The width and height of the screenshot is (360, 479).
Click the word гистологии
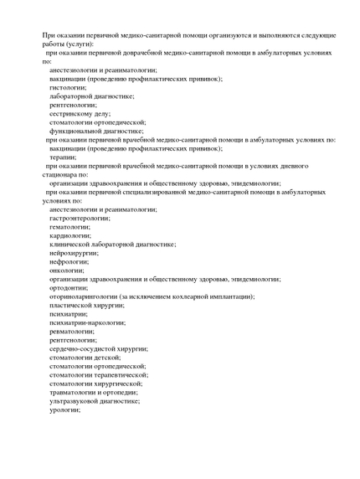[x=68, y=87]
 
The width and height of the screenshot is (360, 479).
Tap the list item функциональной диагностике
[x=95, y=131]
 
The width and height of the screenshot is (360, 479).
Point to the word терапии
[x=64, y=157]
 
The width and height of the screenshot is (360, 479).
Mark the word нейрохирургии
[x=72, y=253]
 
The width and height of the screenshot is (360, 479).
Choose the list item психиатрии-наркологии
[x=87, y=322]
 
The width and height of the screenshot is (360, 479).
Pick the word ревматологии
[x=72, y=331]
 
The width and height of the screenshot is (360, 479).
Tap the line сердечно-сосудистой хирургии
[x=98, y=348]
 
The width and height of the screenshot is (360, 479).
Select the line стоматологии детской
[x=85, y=357]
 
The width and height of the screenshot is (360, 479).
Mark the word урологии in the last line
[x=64, y=409]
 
